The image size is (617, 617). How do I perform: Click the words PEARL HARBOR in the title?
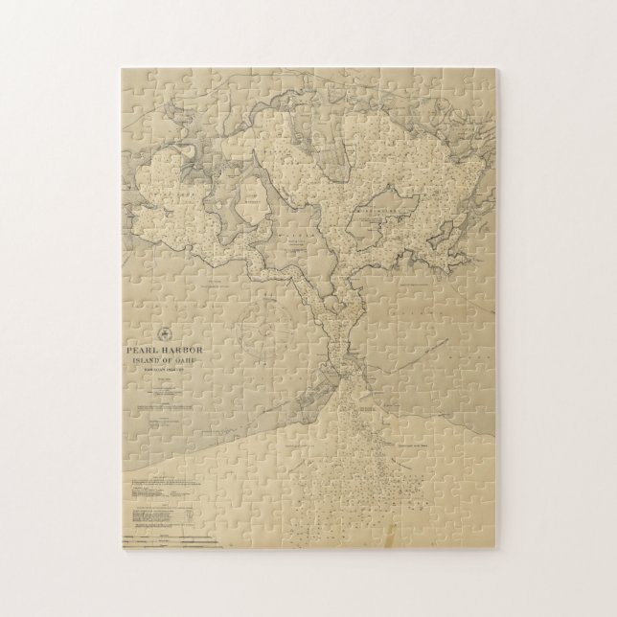pyautogui.click(x=165, y=351)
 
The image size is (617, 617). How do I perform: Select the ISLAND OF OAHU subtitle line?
pyautogui.click(x=165, y=362)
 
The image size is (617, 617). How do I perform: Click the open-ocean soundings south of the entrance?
pyautogui.click(x=383, y=479)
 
